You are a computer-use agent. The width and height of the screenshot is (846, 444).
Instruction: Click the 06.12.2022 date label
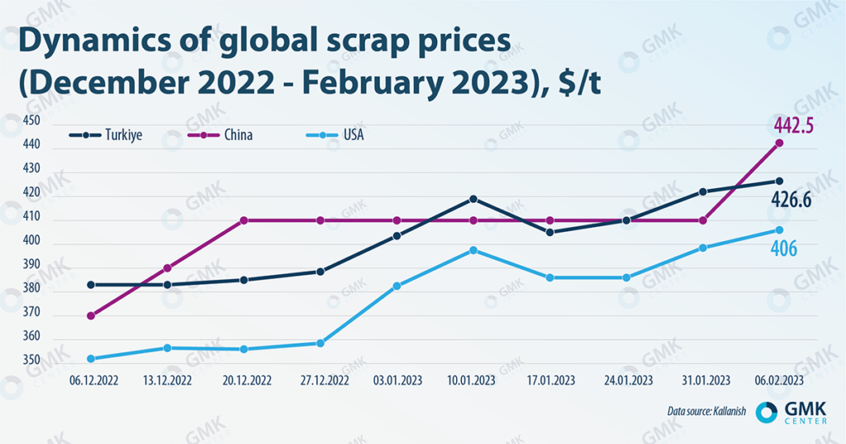pos(89,381)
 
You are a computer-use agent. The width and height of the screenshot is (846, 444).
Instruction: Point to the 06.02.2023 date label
pos(778,381)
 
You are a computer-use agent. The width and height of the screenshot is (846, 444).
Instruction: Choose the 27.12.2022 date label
pos(320,381)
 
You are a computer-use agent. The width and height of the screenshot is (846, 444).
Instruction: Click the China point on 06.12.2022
pos(89,316)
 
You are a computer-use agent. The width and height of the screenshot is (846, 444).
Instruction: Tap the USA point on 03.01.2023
pos(397,286)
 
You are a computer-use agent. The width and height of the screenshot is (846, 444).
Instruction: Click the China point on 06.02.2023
pos(779,144)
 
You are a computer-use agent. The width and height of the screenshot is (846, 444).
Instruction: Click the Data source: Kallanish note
pos(707,411)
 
